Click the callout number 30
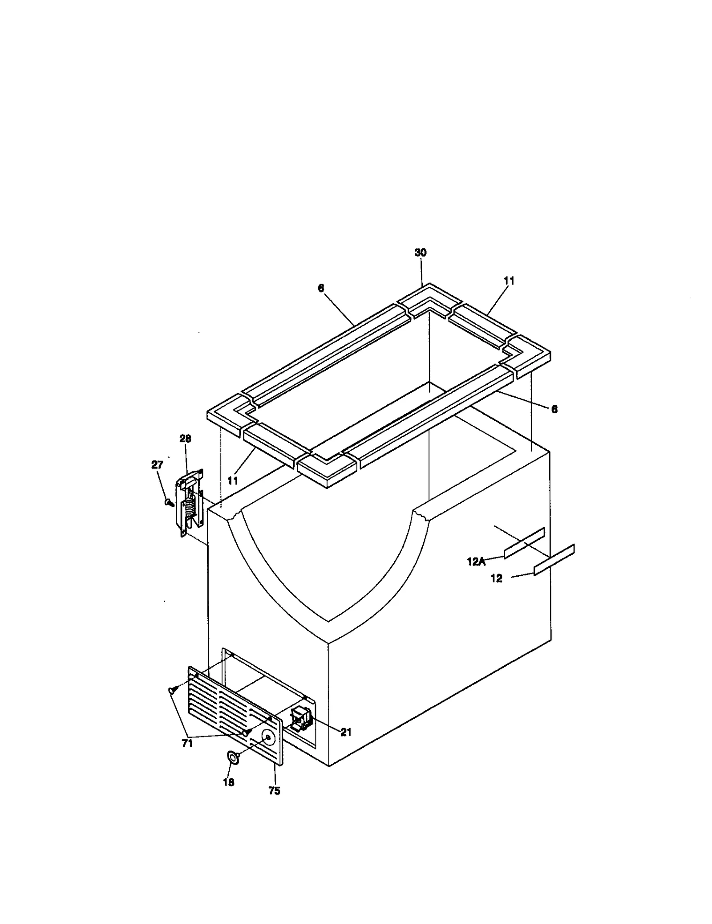[x=420, y=252]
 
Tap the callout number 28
[x=185, y=439]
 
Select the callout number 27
[x=157, y=464]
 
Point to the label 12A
[x=476, y=562]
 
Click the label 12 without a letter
[x=496, y=578]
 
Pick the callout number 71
[x=187, y=743]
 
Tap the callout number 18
[x=228, y=782]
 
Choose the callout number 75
[x=274, y=791]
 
